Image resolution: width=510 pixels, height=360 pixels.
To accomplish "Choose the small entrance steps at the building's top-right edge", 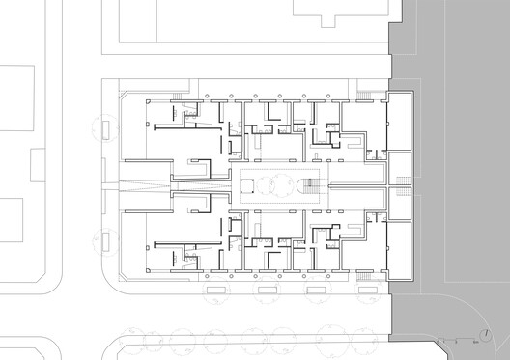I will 364,94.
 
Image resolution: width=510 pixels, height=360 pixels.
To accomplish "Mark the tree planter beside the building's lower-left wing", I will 103,241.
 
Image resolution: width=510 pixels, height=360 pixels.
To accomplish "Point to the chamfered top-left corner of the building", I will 121,94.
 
